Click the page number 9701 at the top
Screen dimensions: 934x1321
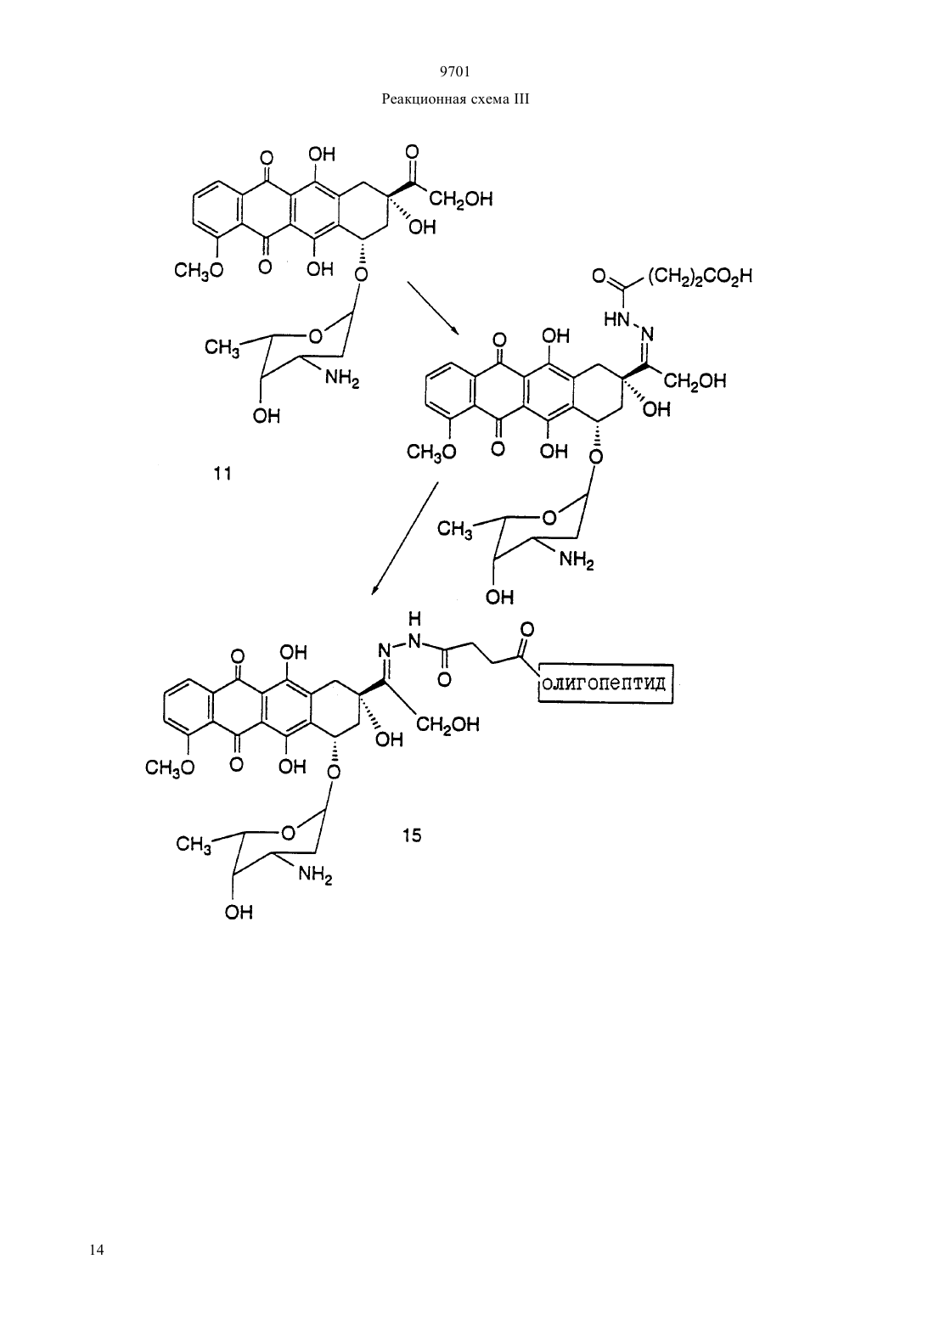[455, 72]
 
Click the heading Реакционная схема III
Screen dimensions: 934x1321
[455, 99]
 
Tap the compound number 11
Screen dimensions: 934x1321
[222, 473]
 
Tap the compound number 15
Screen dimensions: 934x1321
[412, 835]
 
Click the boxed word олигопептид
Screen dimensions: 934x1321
[605, 684]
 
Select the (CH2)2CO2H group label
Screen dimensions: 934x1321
[700, 277]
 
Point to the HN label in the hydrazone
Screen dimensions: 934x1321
[616, 319]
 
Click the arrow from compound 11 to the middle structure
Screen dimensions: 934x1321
[433, 308]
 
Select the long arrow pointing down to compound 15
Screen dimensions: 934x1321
[404, 538]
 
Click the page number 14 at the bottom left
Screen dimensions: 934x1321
[97, 1250]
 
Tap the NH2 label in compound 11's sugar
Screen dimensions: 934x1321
[342, 378]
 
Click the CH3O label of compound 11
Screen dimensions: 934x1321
[199, 272]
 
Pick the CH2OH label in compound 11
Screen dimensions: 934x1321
[460, 200]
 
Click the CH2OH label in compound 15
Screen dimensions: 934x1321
[447, 724]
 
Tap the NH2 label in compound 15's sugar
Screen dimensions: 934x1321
[315, 874]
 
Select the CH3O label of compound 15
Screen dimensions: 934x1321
[171, 767]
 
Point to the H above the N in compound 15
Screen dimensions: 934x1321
[414, 619]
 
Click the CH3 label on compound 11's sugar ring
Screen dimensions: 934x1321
[222, 347]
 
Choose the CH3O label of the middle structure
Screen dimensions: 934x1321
[431, 453]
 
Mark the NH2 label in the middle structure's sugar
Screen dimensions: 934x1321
[577, 559]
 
